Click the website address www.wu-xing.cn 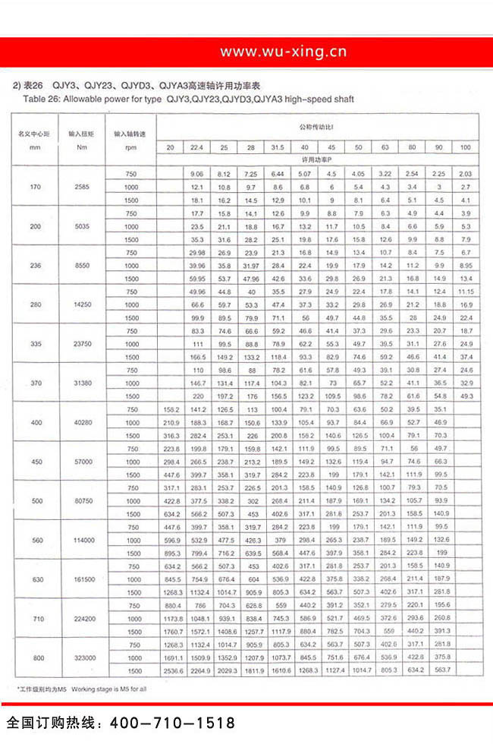(x=283, y=52)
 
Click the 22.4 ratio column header (x=197, y=147)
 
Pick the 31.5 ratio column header (x=278, y=147)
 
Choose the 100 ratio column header (x=465, y=147)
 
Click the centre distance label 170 (x=34, y=187)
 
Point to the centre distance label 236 (x=34, y=265)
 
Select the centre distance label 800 (x=34, y=657)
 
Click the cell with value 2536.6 (x=170, y=670)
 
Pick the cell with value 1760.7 (x=170, y=631)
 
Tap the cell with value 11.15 (x=465, y=292)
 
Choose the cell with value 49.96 (x=197, y=292)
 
